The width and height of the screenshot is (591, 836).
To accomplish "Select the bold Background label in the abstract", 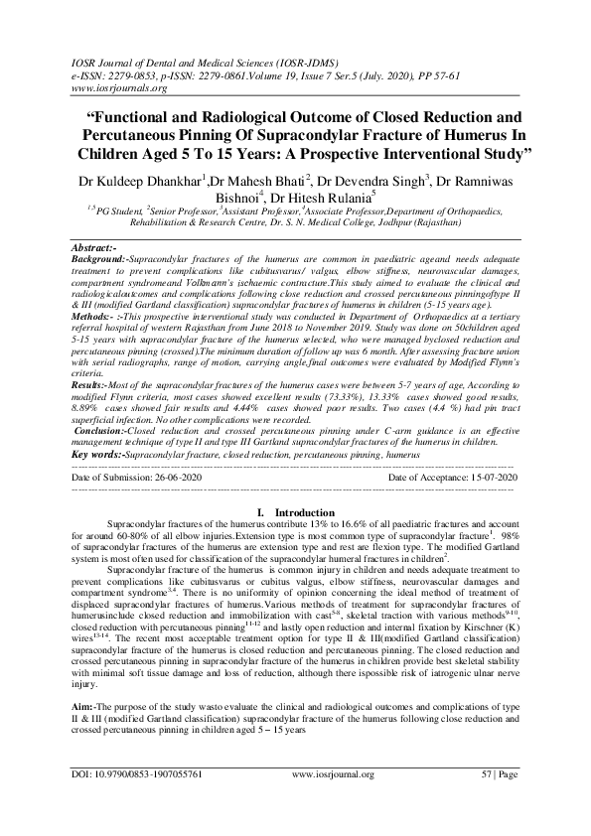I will click(x=98, y=258).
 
